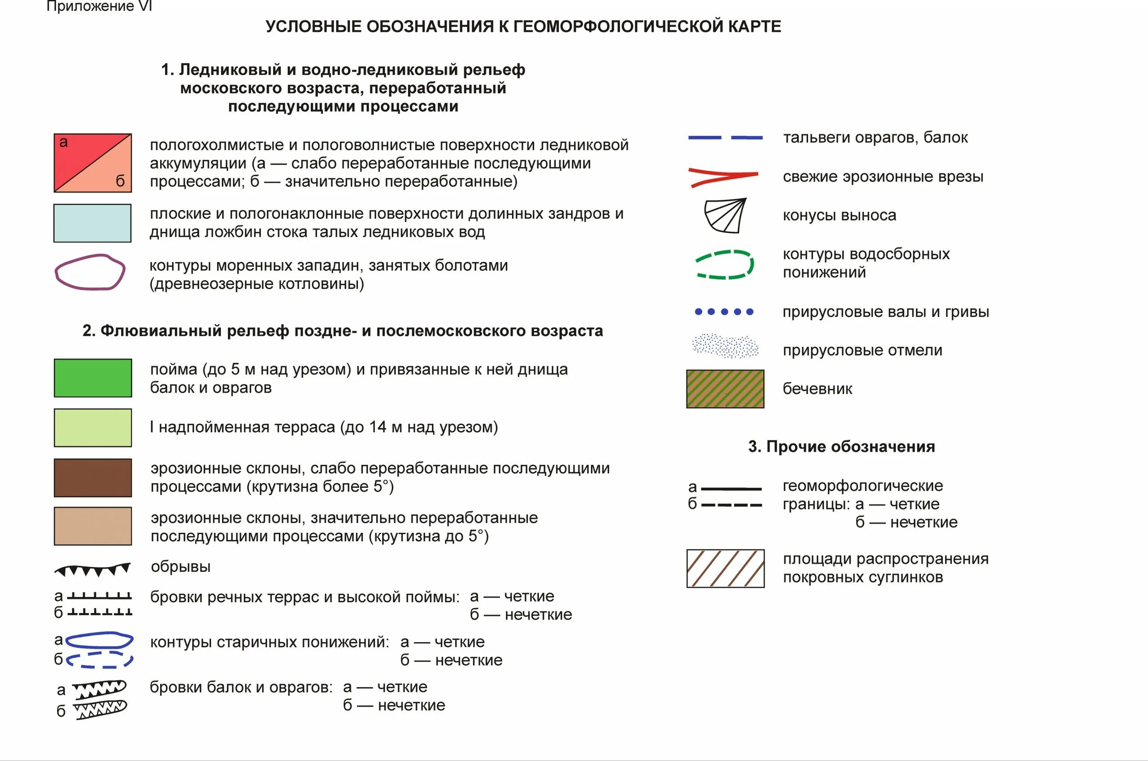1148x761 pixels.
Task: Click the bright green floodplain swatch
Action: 93,378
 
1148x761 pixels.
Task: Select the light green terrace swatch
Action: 93,427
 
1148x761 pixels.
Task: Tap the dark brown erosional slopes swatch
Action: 93,478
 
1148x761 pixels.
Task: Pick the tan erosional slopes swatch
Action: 93,526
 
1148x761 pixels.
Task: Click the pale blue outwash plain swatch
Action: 92,223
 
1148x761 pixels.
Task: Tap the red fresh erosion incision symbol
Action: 723,177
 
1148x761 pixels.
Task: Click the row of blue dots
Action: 724,312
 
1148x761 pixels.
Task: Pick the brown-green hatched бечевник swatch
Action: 725,389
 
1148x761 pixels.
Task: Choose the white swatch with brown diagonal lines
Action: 726,568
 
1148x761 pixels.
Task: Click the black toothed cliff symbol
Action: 92,570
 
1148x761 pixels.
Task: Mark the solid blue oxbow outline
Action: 99,641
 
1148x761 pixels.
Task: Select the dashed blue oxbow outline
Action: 100,660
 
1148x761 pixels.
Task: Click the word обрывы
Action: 181,566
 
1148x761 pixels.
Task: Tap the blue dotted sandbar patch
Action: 725,346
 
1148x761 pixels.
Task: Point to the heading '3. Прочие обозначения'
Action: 841,447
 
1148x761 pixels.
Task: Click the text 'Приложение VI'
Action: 99,6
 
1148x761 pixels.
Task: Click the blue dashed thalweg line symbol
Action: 725,138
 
